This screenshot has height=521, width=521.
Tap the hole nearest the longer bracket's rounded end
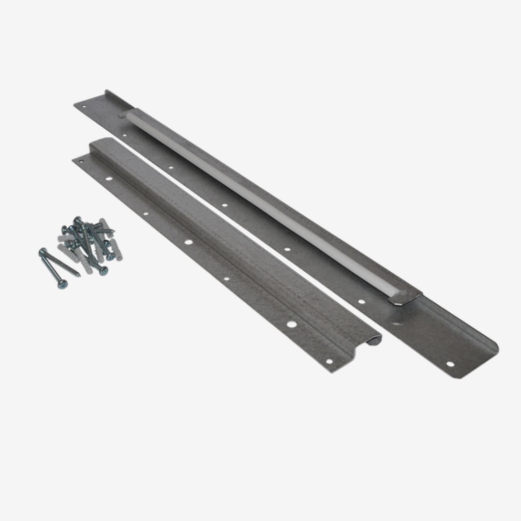(450, 364)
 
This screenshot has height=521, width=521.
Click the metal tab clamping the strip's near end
(404, 297)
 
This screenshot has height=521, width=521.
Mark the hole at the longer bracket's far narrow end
(83, 107)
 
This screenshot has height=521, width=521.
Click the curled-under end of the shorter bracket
(374, 340)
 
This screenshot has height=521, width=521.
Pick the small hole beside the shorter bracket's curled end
(329, 361)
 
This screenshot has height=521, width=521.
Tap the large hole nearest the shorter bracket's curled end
(291, 324)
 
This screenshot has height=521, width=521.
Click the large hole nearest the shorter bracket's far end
(108, 179)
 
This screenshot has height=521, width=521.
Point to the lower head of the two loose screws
(62, 284)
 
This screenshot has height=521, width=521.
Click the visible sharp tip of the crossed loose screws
(77, 275)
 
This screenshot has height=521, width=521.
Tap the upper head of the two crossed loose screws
(42, 251)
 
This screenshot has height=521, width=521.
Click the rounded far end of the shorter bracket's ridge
(97, 144)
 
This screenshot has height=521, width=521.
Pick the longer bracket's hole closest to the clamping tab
(361, 301)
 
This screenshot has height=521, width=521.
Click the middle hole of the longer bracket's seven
(224, 205)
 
